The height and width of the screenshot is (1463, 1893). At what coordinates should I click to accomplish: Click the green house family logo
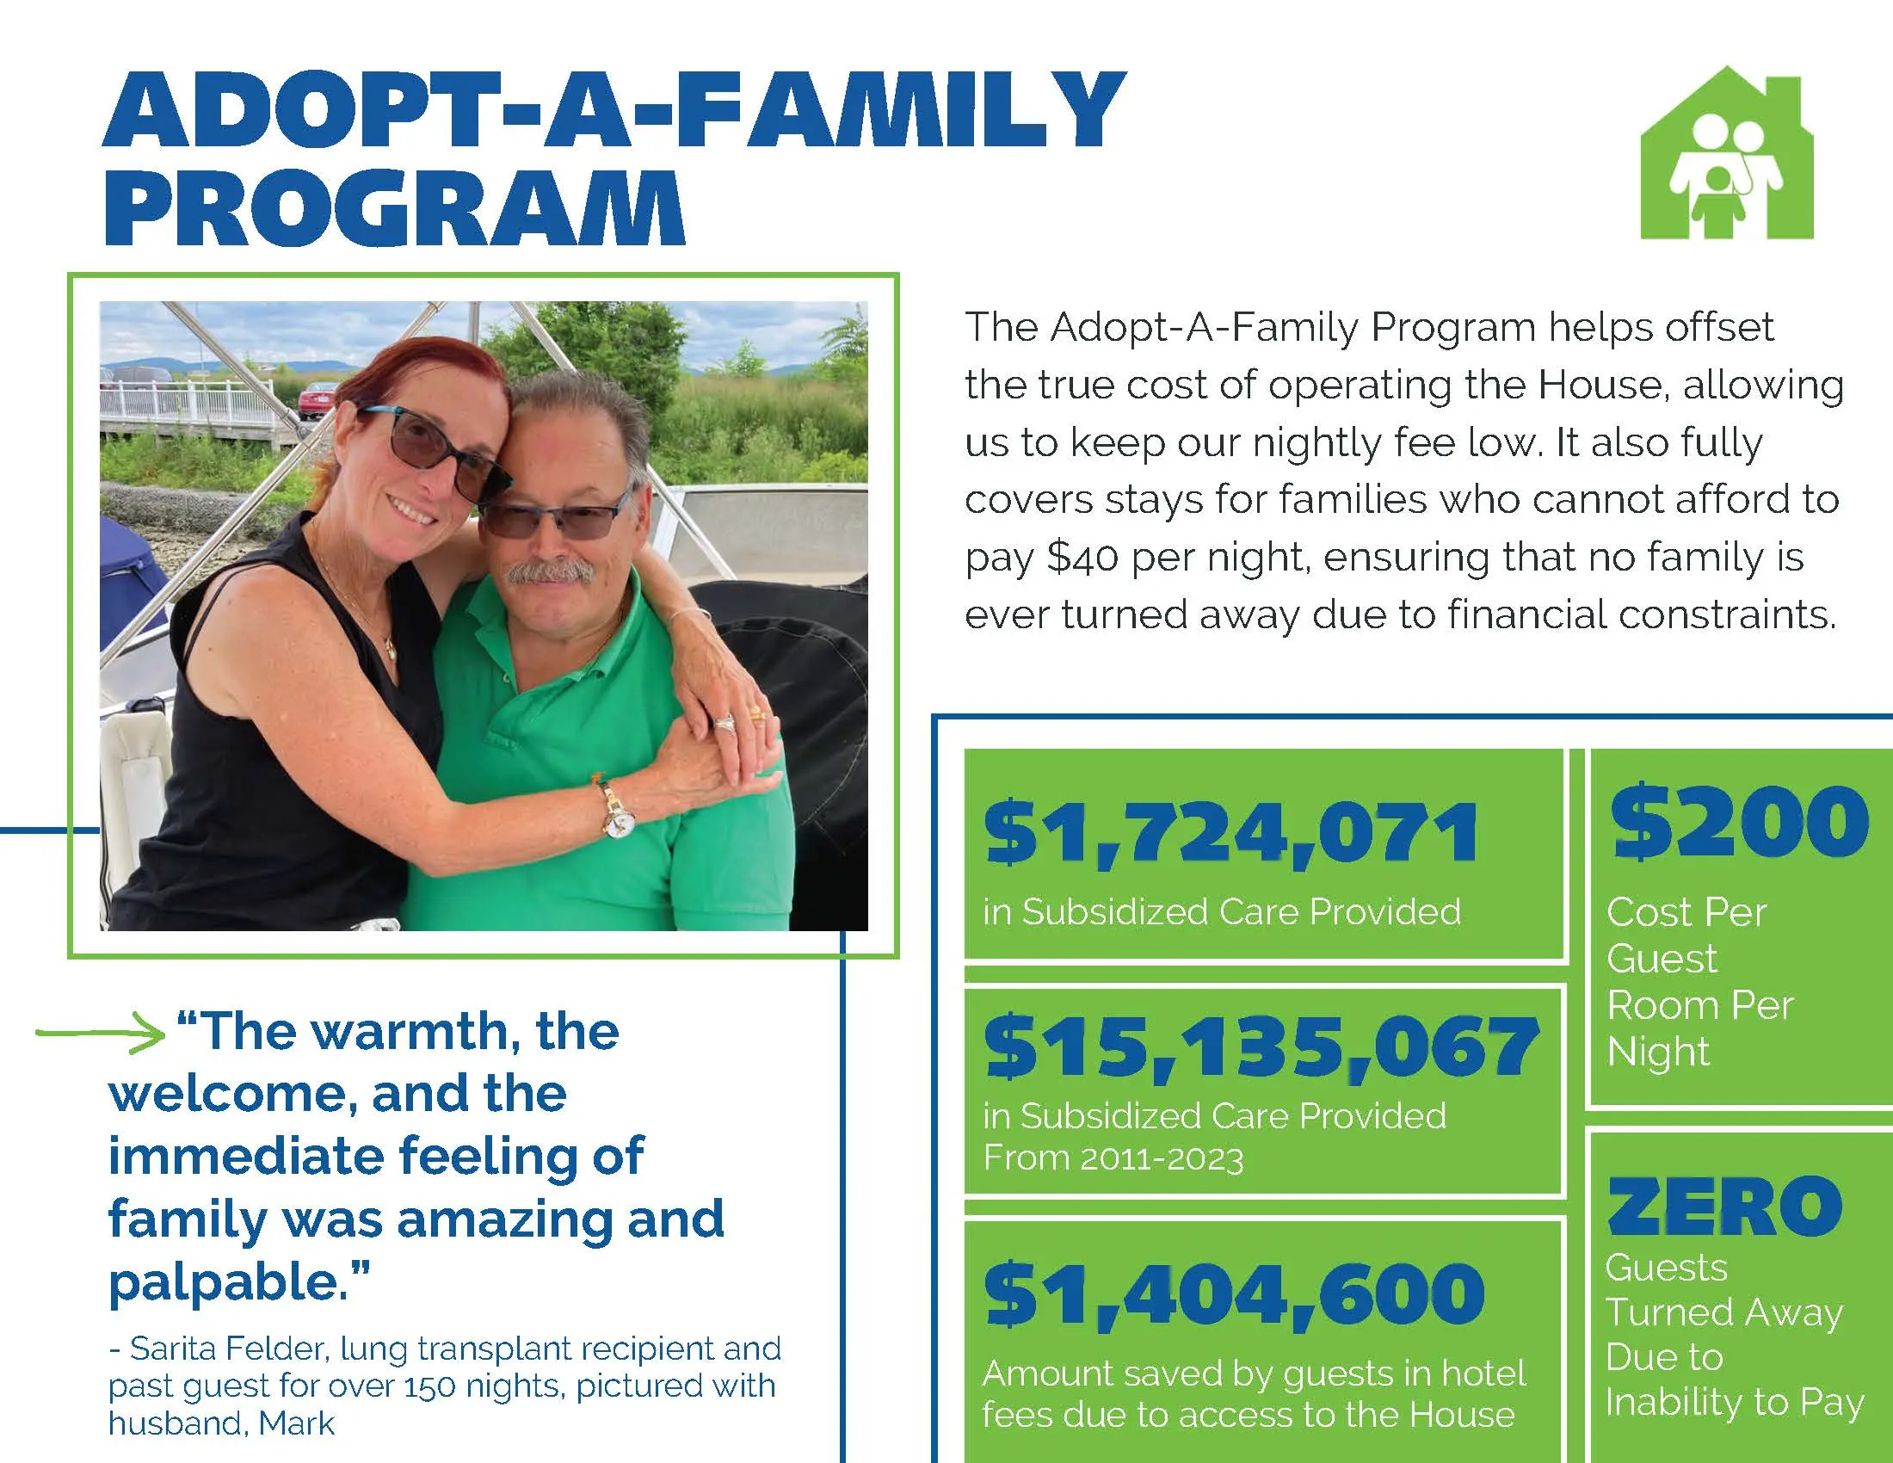pyautogui.click(x=1726, y=156)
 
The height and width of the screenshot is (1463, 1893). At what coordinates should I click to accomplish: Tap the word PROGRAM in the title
pyautogui.click(x=394, y=208)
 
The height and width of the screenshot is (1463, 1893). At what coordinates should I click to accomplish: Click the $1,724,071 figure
pyautogui.click(x=1230, y=834)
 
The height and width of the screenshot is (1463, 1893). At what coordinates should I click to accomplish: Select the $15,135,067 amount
pyautogui.click(x=1261, y=1047)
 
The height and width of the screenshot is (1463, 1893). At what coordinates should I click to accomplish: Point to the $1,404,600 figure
pyautogui.click(x=1234, y=1294)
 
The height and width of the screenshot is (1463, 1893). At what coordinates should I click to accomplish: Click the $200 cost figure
pyautogui.click(x=1739, y=821)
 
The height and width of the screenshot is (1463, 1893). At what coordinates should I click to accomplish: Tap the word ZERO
pyautogui.click(x=1724, y=1206)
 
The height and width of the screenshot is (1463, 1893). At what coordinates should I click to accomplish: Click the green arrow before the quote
pyautogui.click(x=101, y=1034)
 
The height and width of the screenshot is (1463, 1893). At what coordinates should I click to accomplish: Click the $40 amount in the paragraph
pyautogui.click(x=1082, y=558)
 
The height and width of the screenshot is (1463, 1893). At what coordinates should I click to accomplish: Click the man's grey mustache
pyautogui.click(x=550, y=571)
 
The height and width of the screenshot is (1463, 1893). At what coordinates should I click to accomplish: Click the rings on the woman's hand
pyautogui.click(x=737, y=719)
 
